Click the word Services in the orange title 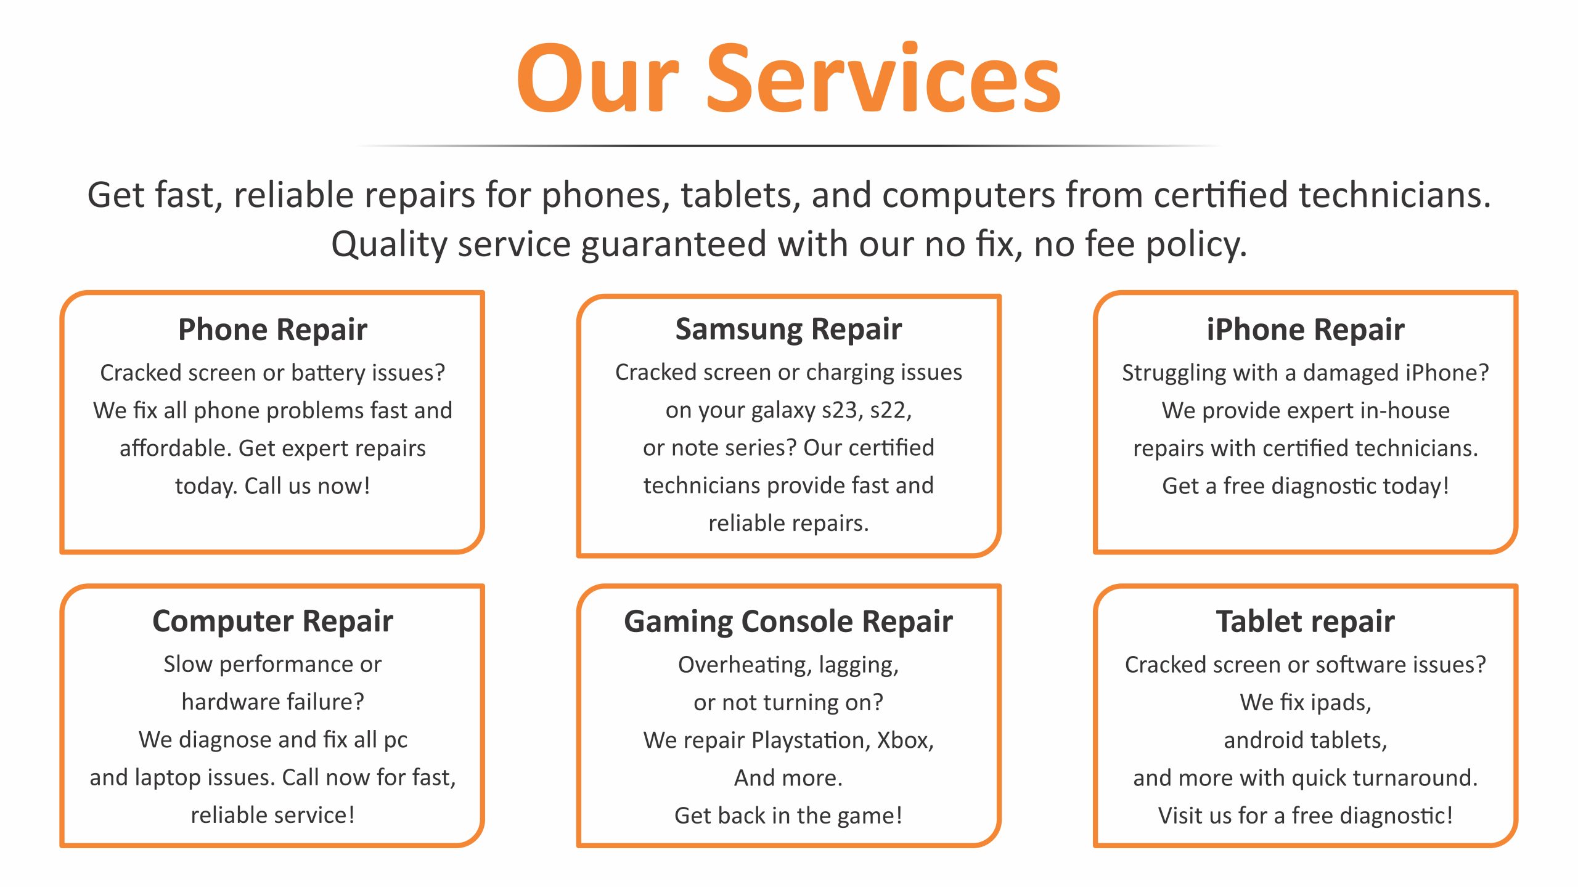click(x=883, y=78)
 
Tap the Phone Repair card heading click(x=272, y=330)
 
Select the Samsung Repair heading click(x=788, y=330)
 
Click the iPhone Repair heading click(x=1306, y=330)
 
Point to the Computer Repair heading click(x=272, y=622)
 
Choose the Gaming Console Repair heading click(x=788, y=622)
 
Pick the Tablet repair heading click(x=1306, y=622)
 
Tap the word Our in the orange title click(x=598, y=78)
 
